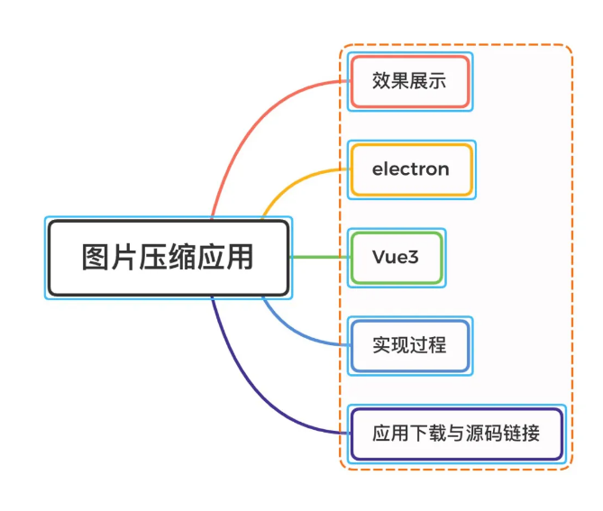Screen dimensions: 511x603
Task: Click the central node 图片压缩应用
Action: (168, 258)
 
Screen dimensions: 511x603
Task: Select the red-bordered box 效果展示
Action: (409, 81)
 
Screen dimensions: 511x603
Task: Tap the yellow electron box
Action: (411, 169)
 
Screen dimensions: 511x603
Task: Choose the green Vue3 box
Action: (396, 258)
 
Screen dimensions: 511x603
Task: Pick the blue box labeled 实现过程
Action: (409, 345)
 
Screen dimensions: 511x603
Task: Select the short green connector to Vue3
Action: (319, 258)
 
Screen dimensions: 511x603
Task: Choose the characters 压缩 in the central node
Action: (168, 258)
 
